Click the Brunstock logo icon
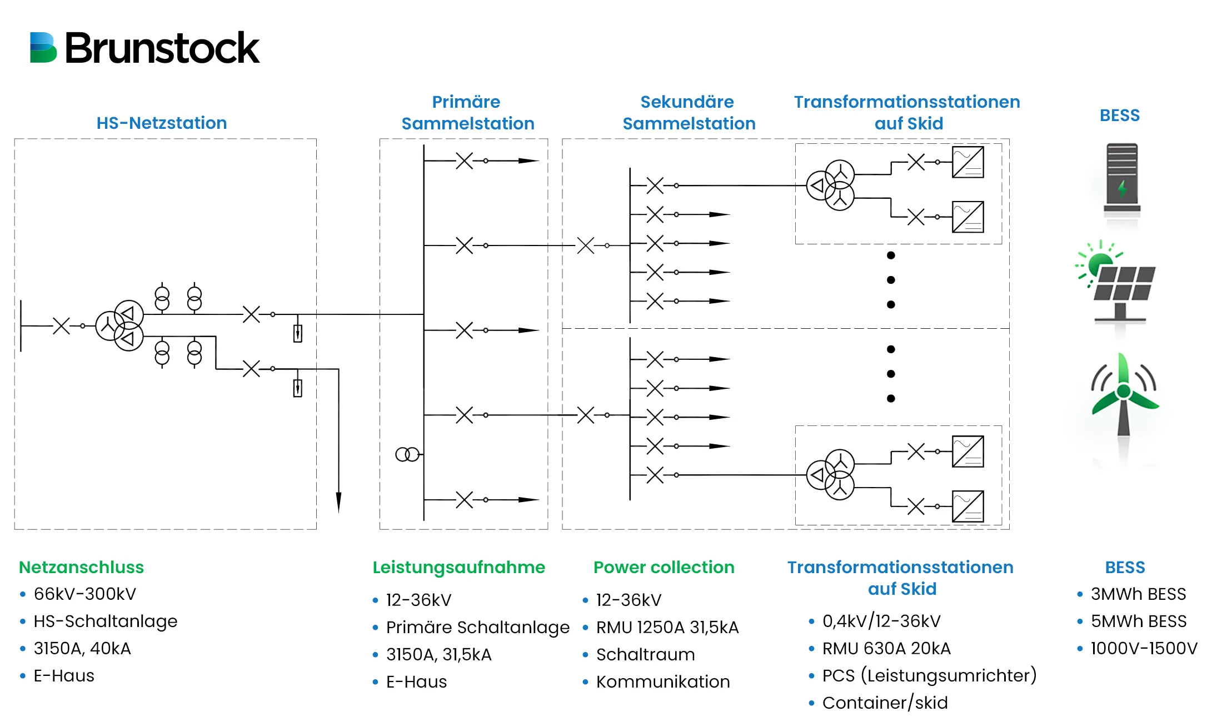click(x=43, y=48)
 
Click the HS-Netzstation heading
click(x=161, y=123)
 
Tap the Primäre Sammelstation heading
click(x=467, y=113)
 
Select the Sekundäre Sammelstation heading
click(x=689, y=113)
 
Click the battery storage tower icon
click(x=1121, y=180)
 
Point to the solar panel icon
click(x=1117, y=283)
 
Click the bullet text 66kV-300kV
click(x=84, y=594)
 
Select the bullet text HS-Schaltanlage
click(x=105, y=621)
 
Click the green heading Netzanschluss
click(x=81, y=567)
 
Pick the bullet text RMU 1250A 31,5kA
click(x=667, y=627)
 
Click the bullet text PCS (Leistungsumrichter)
click(x=929, y=675)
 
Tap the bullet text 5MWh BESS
click(x=1138, y=621)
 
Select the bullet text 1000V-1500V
click(x=1144, y=648)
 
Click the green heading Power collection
click(x=664, y=567)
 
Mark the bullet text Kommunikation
click(x=662, y=681)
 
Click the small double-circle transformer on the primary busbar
click(x=407, y=455)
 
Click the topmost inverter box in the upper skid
click(x=967, y=162)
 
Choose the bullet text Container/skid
click(x=885, y=703)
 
